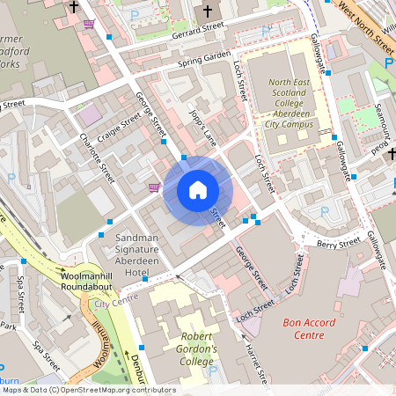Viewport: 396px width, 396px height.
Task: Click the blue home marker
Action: [198, 189]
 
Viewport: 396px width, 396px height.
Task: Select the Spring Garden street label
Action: [203, 60]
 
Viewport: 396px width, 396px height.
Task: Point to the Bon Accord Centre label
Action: [309, 329]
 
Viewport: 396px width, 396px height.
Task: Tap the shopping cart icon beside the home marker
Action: [155, 187]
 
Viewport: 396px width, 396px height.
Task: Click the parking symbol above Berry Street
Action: [325, 212]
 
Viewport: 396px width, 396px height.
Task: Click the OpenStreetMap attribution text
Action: [88, 390]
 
